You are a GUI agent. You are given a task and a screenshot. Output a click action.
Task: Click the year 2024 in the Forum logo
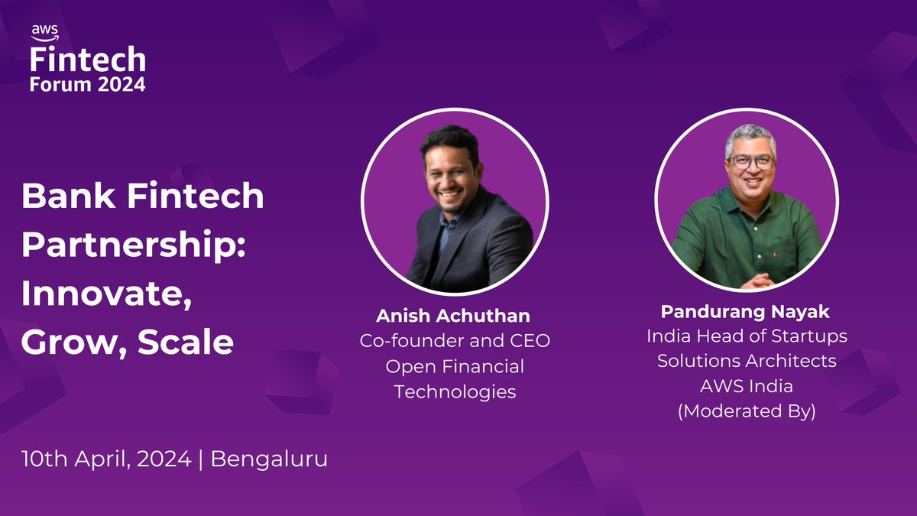122,84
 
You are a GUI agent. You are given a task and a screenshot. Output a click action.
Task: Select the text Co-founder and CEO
455,341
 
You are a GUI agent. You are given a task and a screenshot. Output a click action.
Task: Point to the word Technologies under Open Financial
455,392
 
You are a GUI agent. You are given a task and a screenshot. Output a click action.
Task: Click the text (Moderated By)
747,411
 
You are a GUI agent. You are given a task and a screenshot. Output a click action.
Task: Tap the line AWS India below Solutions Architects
747,385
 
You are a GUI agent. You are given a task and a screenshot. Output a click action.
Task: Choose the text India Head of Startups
747,336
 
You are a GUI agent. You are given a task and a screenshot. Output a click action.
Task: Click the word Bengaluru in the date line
268,460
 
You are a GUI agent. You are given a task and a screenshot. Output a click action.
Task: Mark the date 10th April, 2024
105,460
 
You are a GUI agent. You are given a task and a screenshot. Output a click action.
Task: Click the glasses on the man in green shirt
750,162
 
